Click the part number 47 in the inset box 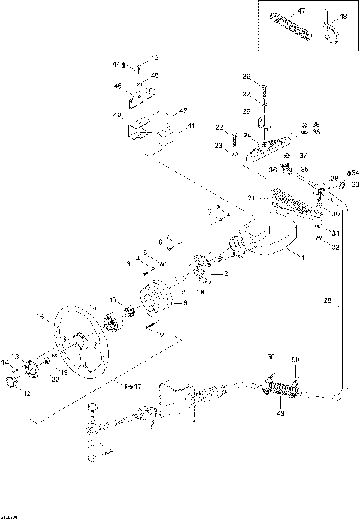click(x=301, y=12)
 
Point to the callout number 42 click(x=181, y=111)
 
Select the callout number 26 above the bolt click(x=245, y=77)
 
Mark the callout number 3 click(x=129, y=264)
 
